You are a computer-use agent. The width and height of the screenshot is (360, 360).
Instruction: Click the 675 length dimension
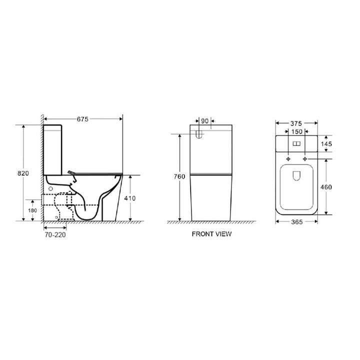(x=83, y=119)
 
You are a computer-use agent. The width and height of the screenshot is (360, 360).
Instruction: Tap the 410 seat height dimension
(x=130, y=197)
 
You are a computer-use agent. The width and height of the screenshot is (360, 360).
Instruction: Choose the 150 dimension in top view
(x=297, y=132)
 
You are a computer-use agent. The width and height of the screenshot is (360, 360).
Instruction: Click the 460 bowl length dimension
(x=325, y=186)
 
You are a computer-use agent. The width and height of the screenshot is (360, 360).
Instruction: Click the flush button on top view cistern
(x=297, y=144)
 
